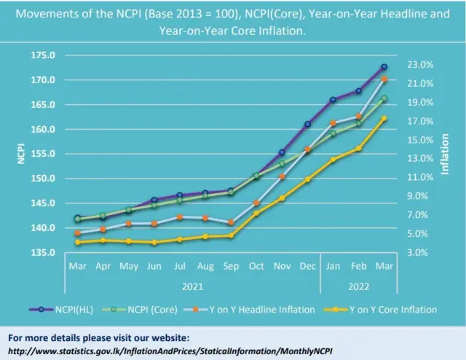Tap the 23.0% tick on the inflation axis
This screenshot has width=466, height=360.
420,65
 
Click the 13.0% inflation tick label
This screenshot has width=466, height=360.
420,159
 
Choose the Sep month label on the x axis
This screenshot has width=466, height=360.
231,267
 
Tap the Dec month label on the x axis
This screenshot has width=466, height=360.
307,267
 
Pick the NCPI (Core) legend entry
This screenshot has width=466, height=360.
152,310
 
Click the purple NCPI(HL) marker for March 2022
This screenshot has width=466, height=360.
384,67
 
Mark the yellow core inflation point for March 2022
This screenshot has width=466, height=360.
384,118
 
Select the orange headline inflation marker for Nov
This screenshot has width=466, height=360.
282,176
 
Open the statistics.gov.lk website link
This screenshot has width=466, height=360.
172,351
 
